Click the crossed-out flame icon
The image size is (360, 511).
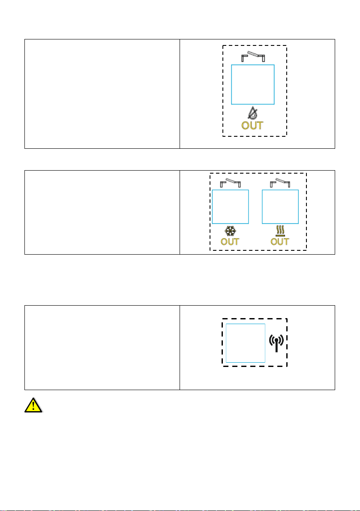pos(252,114)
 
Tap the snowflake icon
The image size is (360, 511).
pos(230,232)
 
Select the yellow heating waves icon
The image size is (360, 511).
pos(280,232)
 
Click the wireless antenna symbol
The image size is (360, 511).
pos(276,343)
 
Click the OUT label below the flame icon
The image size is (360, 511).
pos(252,126)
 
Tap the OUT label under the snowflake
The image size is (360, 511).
pos(230,241)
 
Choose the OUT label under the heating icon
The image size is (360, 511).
pos(280,241)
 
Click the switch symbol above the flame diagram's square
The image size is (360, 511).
pos(252,56)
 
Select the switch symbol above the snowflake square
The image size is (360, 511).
pos(230,183)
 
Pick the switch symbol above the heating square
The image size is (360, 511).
pos(280,183)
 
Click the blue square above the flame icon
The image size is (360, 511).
pos(252,84)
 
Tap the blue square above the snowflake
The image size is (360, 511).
pos(230,207)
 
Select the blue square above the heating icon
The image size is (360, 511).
pos(280,207)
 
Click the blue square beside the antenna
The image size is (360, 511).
pos(246,343)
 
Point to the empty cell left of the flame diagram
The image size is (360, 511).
pos(102,94)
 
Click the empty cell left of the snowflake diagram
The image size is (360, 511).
pos(102,212)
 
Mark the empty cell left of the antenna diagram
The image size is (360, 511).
pos(102,347)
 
